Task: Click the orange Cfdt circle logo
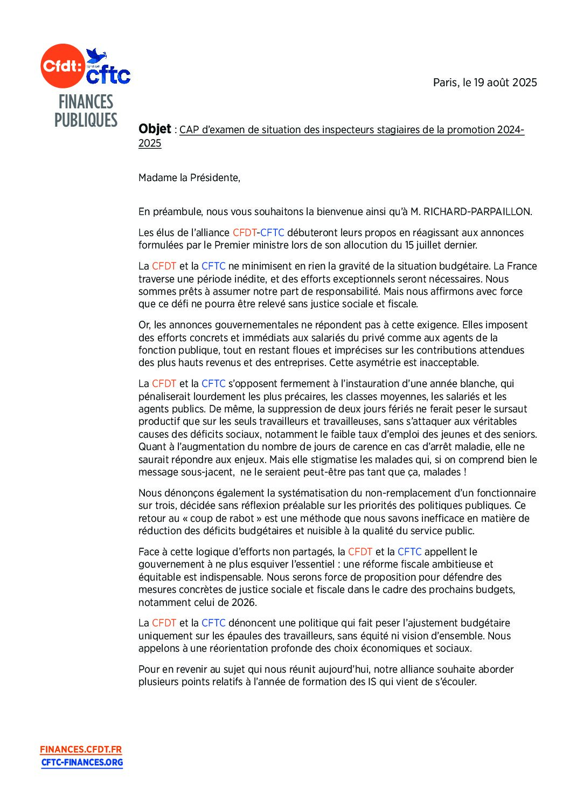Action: (62, 66)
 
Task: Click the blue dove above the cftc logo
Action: (96, 55)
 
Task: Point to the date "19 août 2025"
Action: (505, 82)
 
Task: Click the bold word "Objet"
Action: (155, 129)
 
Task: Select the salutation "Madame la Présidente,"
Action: (189, 178)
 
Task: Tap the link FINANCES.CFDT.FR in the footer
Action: (81, 749)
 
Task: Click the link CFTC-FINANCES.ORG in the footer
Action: (82, 762)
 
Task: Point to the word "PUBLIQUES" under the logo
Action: (86, 120)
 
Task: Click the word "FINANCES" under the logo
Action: (86, 102)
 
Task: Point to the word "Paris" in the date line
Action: (446, 82)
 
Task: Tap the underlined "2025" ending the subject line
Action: (150, 143)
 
